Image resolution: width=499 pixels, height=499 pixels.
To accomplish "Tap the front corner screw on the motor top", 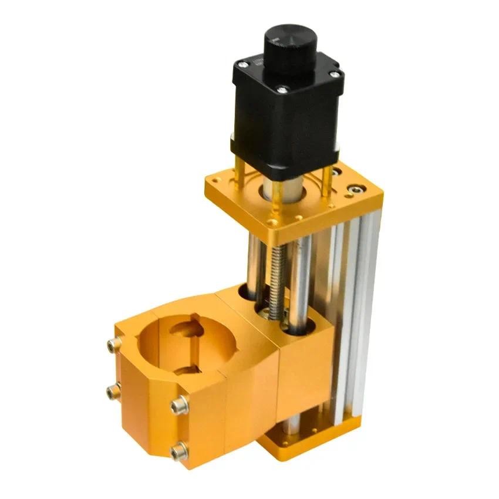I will click(282, 90).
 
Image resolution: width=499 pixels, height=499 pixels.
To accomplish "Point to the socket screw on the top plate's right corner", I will click(353, 190).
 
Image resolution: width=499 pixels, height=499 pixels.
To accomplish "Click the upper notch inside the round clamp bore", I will click(187, 326).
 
